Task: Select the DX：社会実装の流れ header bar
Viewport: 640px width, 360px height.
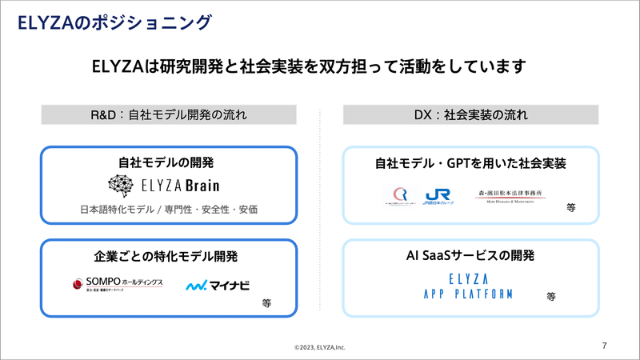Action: (471, 114)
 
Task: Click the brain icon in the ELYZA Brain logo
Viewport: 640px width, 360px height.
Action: (122, 186)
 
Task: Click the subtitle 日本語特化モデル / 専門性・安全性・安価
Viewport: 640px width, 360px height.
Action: (169, 210)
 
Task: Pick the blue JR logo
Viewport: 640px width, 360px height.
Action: (439, 196)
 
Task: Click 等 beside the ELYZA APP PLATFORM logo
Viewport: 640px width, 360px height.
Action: (551, 296)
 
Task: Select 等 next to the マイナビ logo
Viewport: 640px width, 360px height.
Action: (267, 304)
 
